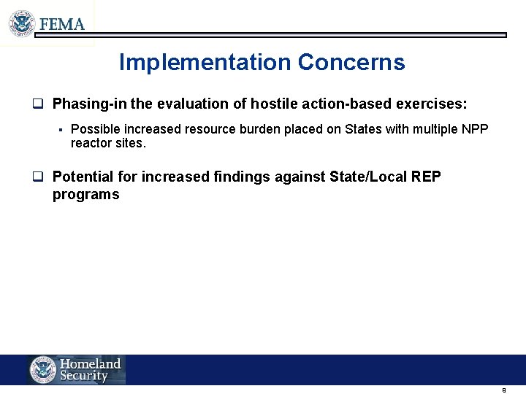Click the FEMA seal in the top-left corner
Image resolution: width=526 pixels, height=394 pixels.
22,23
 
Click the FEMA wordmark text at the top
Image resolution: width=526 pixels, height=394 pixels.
62,24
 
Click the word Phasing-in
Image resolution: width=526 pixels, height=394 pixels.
90,104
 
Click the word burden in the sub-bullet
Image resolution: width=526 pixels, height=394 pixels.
258,129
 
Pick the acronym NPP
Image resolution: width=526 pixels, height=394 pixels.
475,129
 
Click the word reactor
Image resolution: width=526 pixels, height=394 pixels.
90,143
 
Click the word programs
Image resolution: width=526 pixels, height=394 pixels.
85,195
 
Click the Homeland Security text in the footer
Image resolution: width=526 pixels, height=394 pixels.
90,370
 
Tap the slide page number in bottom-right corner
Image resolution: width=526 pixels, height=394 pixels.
504,390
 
